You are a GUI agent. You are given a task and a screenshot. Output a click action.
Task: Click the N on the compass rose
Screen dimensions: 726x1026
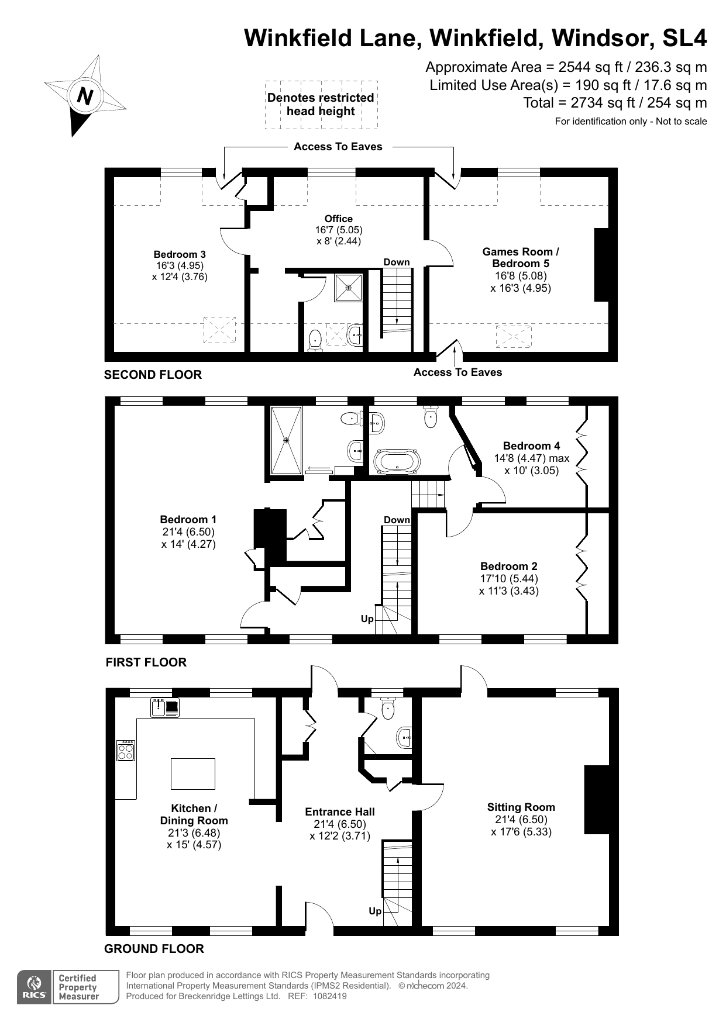[85, 96]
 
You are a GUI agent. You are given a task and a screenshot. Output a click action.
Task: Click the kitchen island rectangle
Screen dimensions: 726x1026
[193, 773]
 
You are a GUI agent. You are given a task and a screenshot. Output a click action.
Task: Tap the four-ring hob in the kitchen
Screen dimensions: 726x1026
[126, 751]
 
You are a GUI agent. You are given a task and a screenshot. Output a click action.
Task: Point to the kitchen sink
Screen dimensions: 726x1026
[165, 707]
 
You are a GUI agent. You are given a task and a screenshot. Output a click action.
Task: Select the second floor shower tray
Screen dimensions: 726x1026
[349, 287]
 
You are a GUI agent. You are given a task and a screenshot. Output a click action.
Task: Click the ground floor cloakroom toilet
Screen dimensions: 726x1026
[388, 708]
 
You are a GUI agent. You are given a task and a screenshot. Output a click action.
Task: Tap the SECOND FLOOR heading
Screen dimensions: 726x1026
[153, 375]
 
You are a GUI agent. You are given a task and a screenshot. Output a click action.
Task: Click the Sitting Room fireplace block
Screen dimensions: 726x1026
[597, 799]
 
